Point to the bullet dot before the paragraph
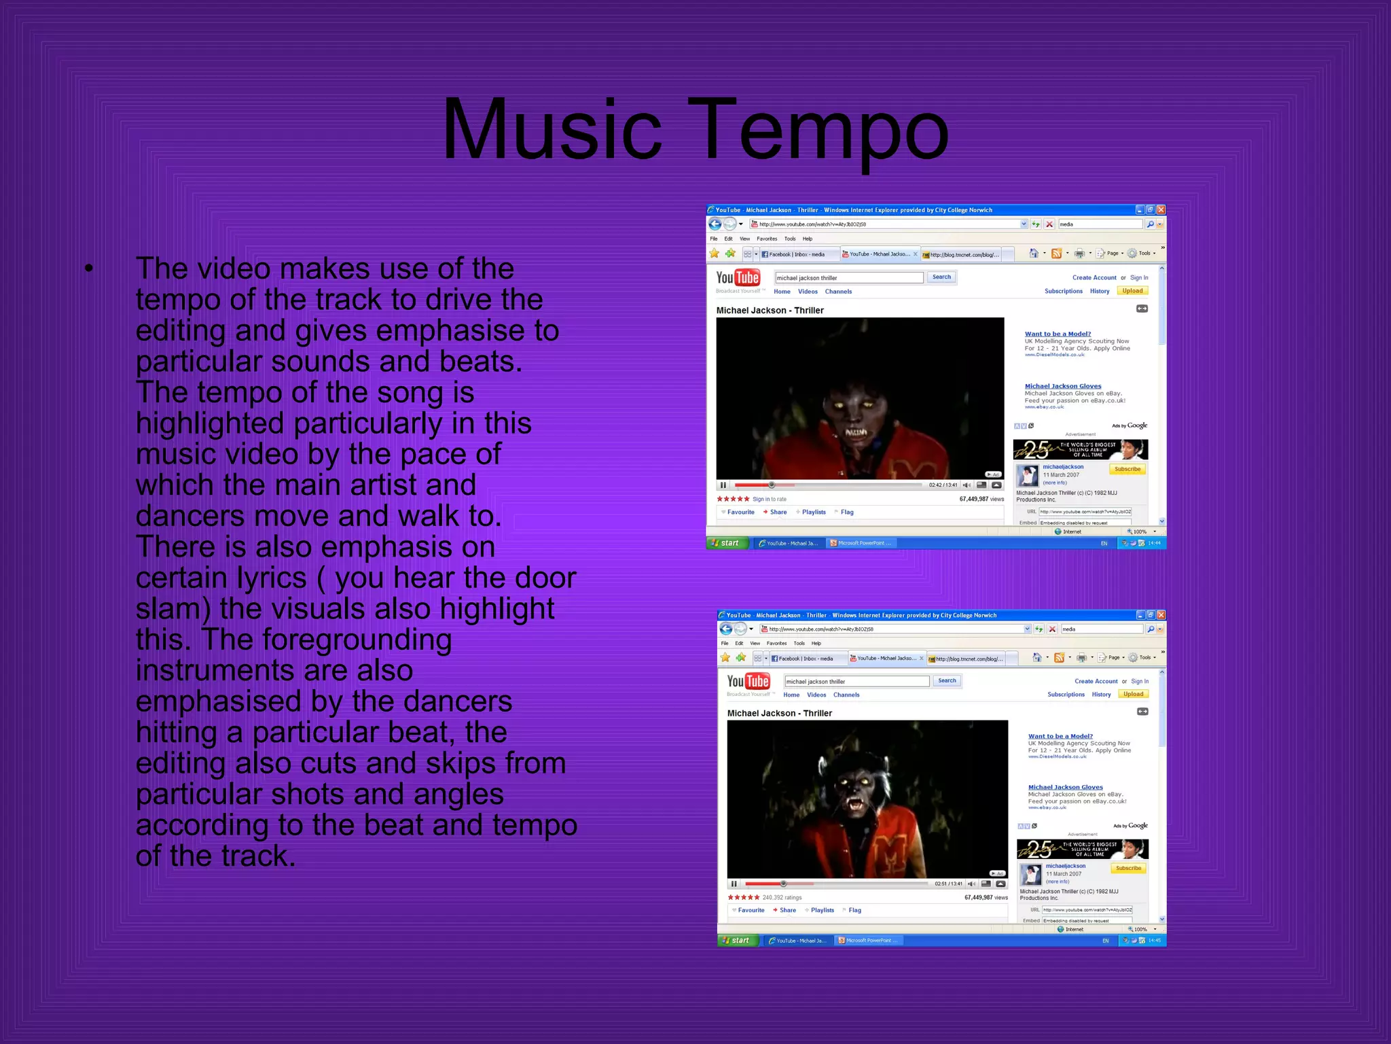pyautogui.click(x=89, y=268)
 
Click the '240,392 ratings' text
pyautogui.click(x=782, y=897)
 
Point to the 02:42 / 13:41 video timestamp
pyautogui.click(x=943, y=485)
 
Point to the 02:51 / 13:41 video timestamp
pyautogui.click(x=948, y=884)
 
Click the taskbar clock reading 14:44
pyautogui.click(x=1154, y=543)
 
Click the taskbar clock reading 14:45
pyautogui.click(x=1155, y=941)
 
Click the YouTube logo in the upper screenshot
pyautogui.click(x=738, y=278)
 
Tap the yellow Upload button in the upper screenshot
pyautogui.click(x=1132, y=291)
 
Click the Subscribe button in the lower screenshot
pyautogui.click(x=1128, y=868)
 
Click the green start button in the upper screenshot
pyautogui.click(x=727, y=543)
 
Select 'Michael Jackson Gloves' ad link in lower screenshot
pyautogui.click(x=1065, y=787)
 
